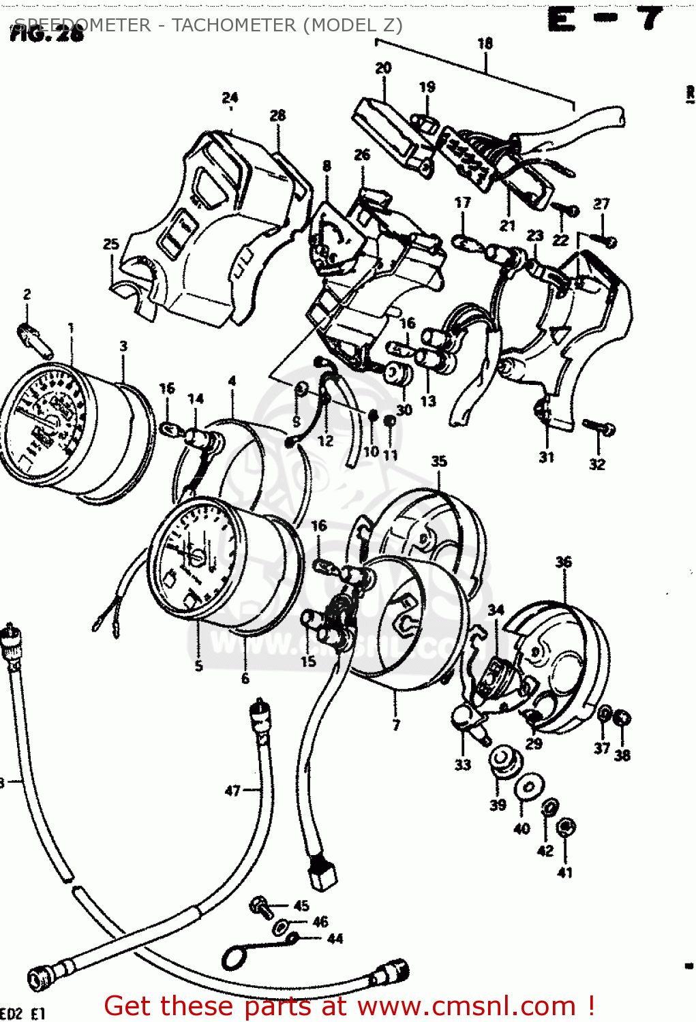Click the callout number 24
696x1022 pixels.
(x=230, y=97)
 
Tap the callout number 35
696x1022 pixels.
(x=438, y=461)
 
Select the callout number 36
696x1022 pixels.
(x=563, y=562)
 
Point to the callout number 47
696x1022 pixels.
(x=232, y=790)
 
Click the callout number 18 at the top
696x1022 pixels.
(x=485, y=44)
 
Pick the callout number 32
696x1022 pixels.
(x=597, y=465)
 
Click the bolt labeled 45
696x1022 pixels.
(x=259, y=905)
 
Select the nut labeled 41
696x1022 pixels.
(x=565, y=828)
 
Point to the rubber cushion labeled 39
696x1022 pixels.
(x=502, y=760)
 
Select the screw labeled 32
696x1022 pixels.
(x=599, y=427)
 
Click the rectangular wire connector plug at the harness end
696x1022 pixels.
(x=322, y=876)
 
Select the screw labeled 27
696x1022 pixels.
(x=603, y=240)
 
